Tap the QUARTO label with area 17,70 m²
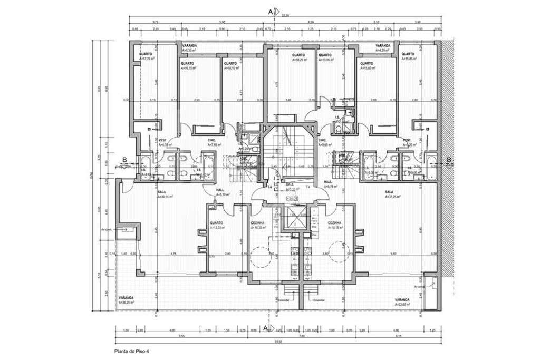[146, 54]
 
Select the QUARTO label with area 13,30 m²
[216, 223]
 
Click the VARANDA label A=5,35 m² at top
[189, 46]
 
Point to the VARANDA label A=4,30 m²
[383, 46]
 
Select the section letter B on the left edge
[124, 160]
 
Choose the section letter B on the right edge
[449, 160]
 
